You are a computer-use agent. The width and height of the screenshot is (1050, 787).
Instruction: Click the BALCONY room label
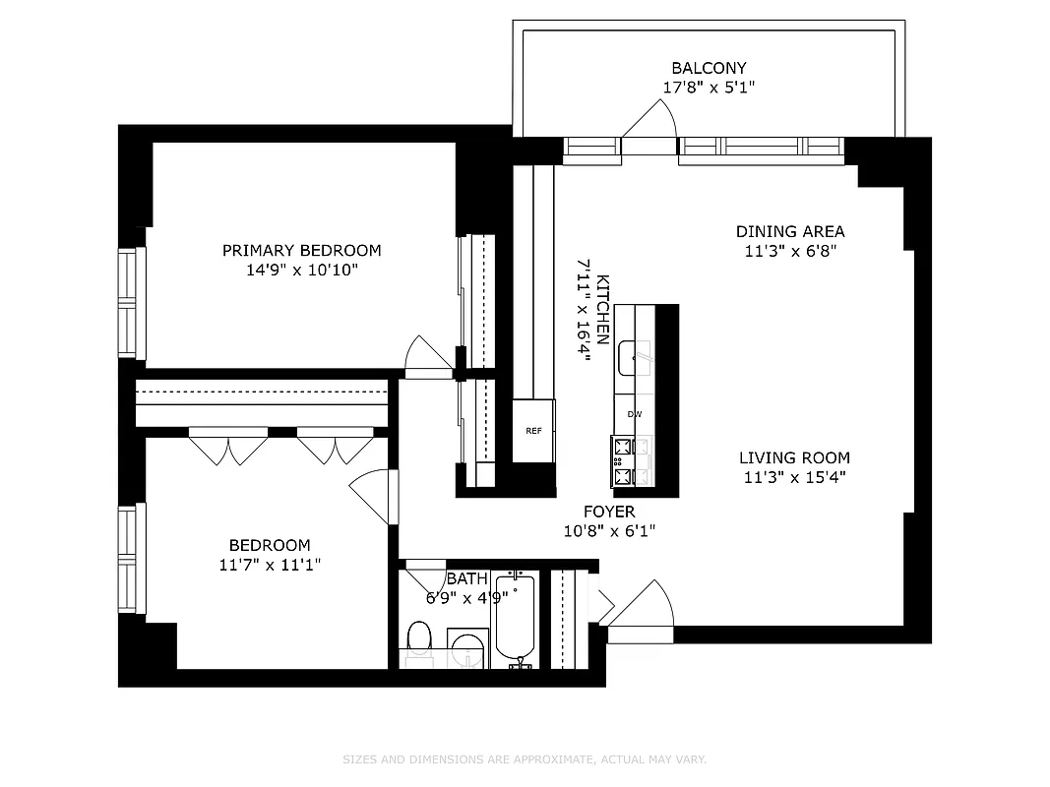[x=709, y=68]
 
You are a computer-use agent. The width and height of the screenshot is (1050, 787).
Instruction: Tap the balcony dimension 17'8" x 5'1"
[x=709, y=87]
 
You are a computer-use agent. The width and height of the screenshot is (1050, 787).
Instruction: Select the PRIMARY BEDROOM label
[x=301, y=250]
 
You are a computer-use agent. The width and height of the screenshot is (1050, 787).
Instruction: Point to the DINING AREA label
[x=790, y=231]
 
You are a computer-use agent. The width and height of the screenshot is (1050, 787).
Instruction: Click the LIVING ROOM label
[x=794, y=457]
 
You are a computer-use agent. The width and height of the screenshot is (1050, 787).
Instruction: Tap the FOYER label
[x=609, y=512]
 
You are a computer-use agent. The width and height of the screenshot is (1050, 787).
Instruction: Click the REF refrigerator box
[x=533, y=431]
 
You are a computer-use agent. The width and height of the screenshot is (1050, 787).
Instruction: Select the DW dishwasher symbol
[x=635, y=414]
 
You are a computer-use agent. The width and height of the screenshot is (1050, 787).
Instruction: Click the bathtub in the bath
[x=514, y=618]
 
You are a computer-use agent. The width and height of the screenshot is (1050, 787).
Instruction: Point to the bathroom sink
[x=466, y=650]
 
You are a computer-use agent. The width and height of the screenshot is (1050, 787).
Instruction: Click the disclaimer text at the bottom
[x=525, y=759]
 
